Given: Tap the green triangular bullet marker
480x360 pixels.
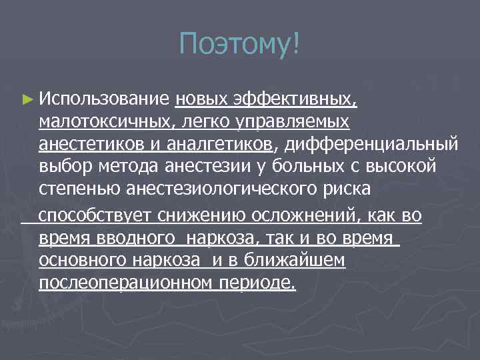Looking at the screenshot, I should (27, 99).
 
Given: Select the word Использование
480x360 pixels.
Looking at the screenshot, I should (105, 99).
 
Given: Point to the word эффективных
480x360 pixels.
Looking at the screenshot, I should (295, 99).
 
